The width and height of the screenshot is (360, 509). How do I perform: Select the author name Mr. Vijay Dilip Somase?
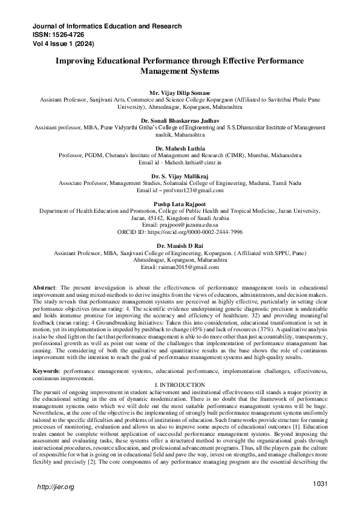180,89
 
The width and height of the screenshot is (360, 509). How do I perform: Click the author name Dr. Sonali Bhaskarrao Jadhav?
180,122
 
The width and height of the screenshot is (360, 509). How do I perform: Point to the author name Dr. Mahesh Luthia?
180,148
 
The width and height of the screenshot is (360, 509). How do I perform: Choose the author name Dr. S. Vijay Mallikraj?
180,175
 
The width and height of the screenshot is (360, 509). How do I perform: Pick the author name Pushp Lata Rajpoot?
180,204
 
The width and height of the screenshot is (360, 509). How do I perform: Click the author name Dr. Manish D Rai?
180,245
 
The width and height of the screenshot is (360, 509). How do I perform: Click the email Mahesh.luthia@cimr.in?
189,163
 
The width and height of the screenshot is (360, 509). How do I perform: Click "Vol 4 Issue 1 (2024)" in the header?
64,44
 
